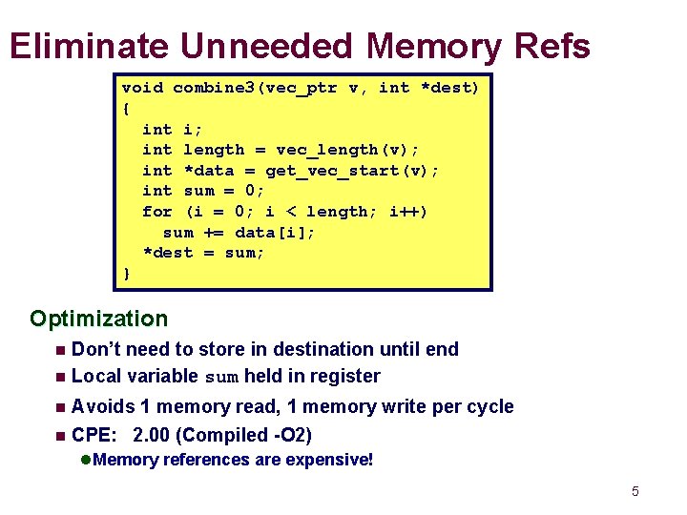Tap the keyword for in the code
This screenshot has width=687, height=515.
pyautogui.click(x=156, y=212)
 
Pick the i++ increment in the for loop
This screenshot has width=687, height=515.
pyautogui.click(x=408, y=212)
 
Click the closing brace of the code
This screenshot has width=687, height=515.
pyautogui.click(x=126, y=275)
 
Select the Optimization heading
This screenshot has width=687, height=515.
pyautogui.click(x=98, y=319)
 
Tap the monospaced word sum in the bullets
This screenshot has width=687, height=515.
pyautogui.click(x=222, y=377)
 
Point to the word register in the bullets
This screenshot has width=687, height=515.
pyautogui.click(x=344, y=376)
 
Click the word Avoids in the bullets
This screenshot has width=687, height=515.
pyautogui.click(x=103, y=406)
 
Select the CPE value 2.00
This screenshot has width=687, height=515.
pyautogui.click(x=154, y=435)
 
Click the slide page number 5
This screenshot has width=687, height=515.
pyautogui.click(x=635, y=492)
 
